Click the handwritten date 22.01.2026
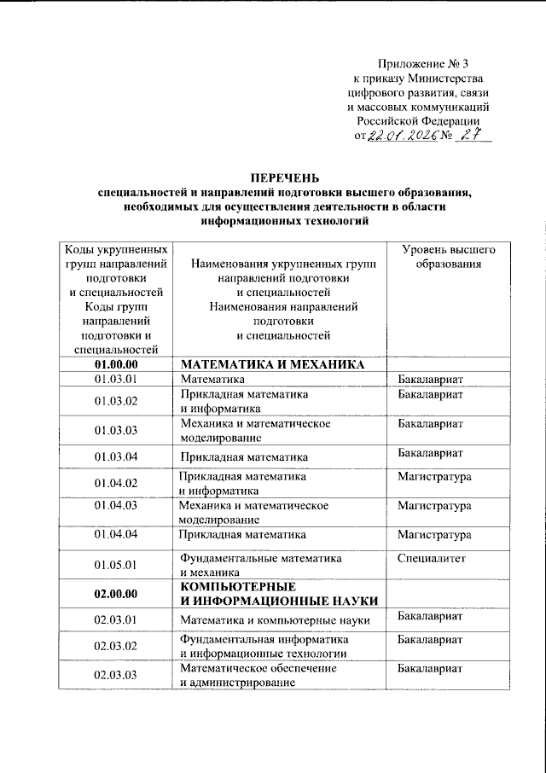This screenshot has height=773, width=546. (x=399, y=137)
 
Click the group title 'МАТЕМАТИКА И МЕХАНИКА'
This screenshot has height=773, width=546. (x=274, y=365)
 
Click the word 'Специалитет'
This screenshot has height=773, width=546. (x=429, y=557)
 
